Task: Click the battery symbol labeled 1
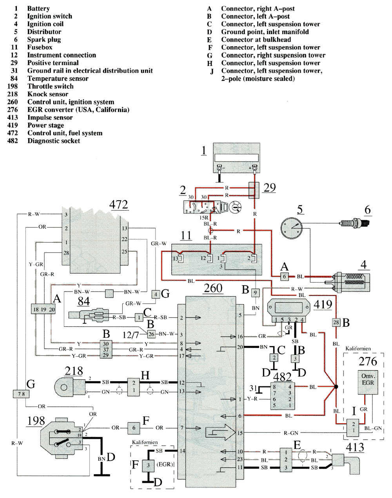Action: point(236,158)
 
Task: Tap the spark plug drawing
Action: point(354,223)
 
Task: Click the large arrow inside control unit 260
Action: point(219,433)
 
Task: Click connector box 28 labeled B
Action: point(336,322)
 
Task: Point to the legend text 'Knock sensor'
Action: point(48,94)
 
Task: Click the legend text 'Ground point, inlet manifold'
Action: point(265,32)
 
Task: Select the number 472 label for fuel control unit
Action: point(118,205)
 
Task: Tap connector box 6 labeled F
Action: point(134,428)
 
